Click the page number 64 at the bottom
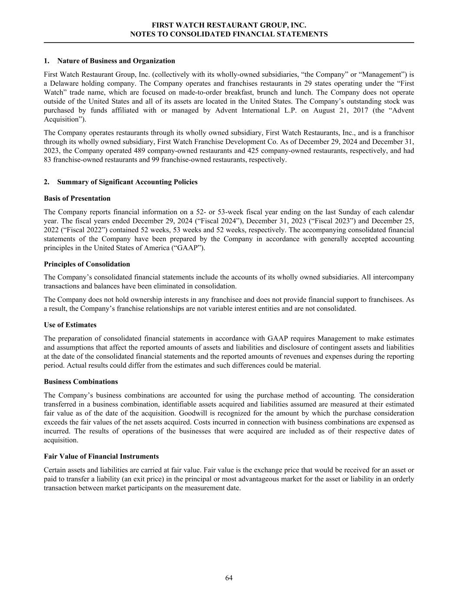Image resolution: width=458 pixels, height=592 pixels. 229,578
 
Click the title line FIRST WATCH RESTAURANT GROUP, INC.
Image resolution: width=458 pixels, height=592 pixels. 229,26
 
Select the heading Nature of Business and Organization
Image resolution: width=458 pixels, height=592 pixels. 116,61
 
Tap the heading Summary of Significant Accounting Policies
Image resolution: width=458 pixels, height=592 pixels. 127,182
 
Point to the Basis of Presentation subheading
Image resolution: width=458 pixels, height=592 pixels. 77,198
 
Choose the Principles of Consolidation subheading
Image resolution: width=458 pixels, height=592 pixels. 87,264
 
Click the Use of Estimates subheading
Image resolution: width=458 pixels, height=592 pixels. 70,325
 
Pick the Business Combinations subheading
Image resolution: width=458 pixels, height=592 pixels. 81,382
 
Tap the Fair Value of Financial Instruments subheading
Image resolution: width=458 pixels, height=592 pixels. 101,456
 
